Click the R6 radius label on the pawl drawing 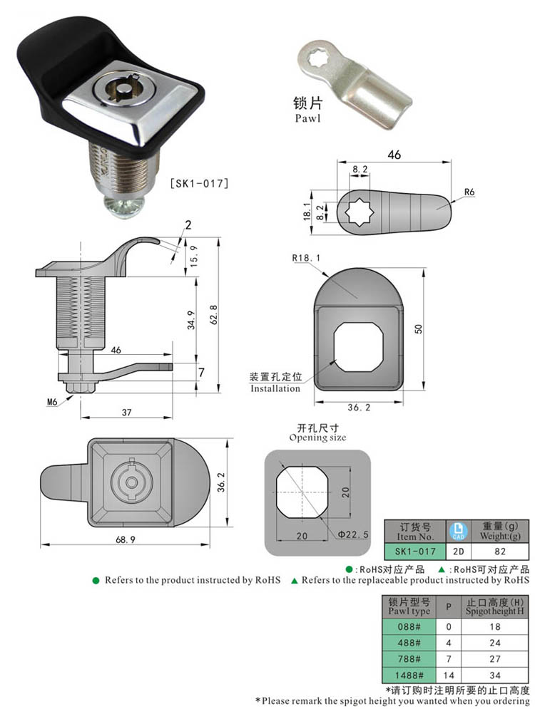[x=469, y=192]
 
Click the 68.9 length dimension [x=124, y=539]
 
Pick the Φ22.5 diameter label [x=352, y=534]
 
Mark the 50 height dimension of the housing [x=420, y=328]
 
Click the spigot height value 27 [x=495, y=659]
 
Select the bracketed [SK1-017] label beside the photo [x=198, y=184]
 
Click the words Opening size [x=317, y=438]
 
